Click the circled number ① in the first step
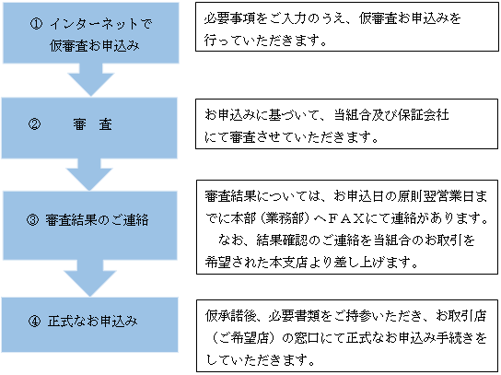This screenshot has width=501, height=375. point(36,24)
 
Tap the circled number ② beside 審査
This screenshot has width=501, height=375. point(34,124)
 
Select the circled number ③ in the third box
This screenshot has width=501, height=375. point(32,220)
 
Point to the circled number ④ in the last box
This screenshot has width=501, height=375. point(34,321)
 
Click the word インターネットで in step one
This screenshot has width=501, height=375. point(100,24)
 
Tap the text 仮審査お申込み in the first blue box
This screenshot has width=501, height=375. point(95,46)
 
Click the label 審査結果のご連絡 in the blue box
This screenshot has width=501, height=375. point(97,220)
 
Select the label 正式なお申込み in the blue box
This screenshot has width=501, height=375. point(93,321)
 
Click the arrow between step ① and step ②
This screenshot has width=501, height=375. point(91,80)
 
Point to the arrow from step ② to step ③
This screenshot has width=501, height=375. point(89,175)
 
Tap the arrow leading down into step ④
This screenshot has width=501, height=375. point(90,278)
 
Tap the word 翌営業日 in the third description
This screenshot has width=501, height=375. point(449,196)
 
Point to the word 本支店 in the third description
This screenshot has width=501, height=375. point(288,263)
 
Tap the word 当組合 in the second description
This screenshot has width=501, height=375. point(353,115)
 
